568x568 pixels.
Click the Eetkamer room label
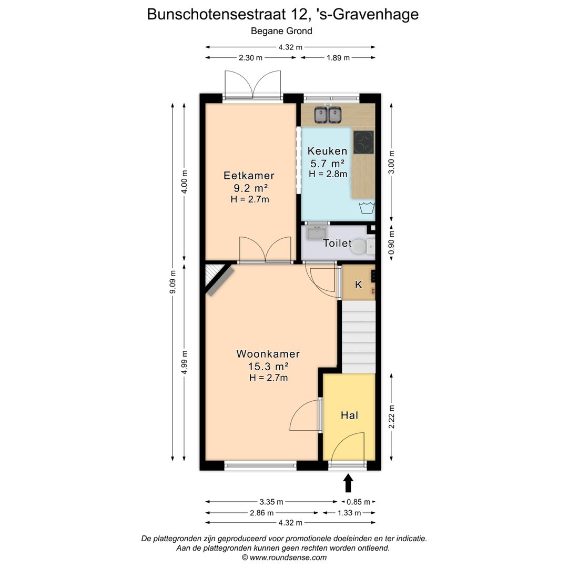[249, 176]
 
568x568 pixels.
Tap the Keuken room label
[327, 151]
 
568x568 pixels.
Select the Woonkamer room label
[268, 354]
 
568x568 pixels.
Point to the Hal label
[349, 415]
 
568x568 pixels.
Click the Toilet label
[337, 243]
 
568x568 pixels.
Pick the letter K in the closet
[359, 285]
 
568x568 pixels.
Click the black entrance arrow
[348, 483]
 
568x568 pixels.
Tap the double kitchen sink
[328, 114]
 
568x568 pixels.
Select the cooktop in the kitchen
[363, 142]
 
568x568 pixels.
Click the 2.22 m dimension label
[391, 415]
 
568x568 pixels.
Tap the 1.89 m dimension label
[338, 58]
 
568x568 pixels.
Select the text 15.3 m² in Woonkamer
[268, 367]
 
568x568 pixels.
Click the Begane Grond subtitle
[281, 31]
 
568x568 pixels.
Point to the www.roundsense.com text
[284, 557]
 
